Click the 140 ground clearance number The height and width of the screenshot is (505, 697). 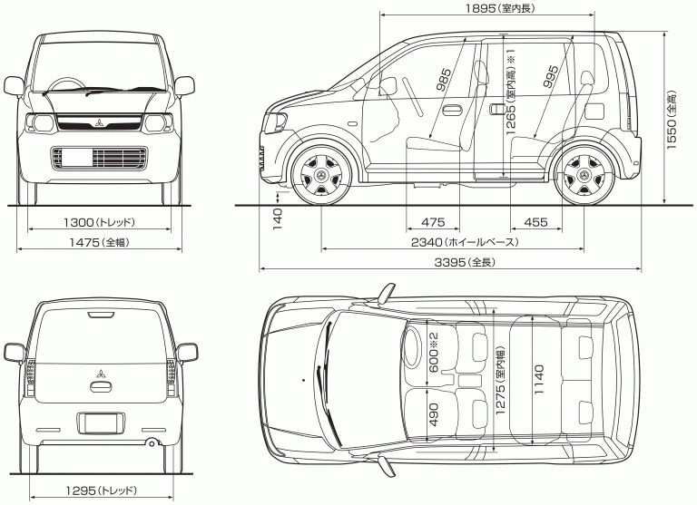point(278,217)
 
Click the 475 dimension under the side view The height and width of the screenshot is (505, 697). point(433,222)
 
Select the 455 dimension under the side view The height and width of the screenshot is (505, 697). point(535,222)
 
